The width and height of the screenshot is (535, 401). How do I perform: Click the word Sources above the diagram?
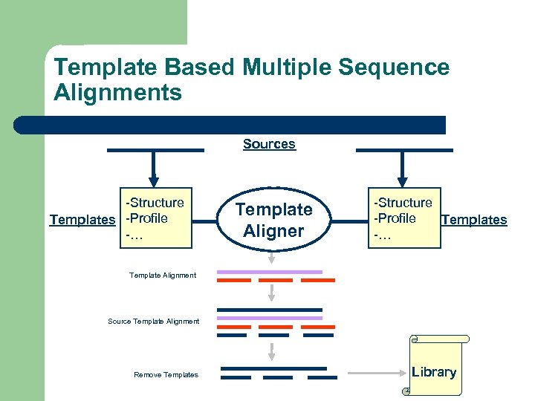point(269,144)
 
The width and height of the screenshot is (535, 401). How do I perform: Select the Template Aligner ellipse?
point(274,220)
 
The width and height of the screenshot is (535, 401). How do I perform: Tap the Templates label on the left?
point(82,220)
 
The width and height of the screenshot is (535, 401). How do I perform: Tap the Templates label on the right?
point(474,220)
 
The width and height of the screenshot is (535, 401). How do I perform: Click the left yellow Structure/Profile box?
point(154,217)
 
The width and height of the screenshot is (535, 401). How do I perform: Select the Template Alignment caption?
point(163,276)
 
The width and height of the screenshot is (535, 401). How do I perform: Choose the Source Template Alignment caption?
point(154,322)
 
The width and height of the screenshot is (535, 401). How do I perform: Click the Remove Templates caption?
point(166,375)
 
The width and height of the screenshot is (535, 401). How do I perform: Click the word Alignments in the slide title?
point(117,93)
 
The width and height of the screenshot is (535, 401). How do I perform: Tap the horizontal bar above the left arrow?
point(155,150)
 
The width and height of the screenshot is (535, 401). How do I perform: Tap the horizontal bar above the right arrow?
point(404,150)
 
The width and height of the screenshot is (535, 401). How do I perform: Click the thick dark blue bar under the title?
point(230,125)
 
